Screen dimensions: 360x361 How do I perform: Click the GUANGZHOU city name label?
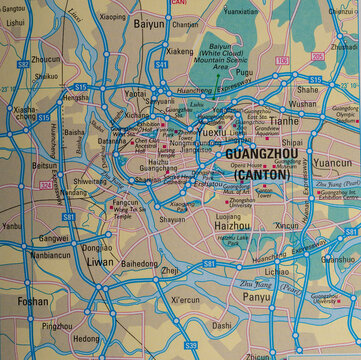(x=255, y=156)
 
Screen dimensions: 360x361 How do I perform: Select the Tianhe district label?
(x=283, y=120)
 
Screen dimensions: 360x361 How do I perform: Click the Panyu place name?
(x=256, y=297)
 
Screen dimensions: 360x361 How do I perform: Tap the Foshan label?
(x=33, y=300)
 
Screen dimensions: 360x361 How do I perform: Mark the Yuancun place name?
(x=332, y=161)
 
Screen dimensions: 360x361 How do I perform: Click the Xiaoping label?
(x=113, y=17)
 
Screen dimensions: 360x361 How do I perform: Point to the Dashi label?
(x=222, y=325)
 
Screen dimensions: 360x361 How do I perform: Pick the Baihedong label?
(x=140, y=264)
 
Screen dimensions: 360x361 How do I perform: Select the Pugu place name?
(x=243, y=73)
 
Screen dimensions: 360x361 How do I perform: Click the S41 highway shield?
(x=161, y=64)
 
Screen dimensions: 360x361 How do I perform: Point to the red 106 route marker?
(x=282, y=61)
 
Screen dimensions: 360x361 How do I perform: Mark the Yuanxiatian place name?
(x=240, y=12)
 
